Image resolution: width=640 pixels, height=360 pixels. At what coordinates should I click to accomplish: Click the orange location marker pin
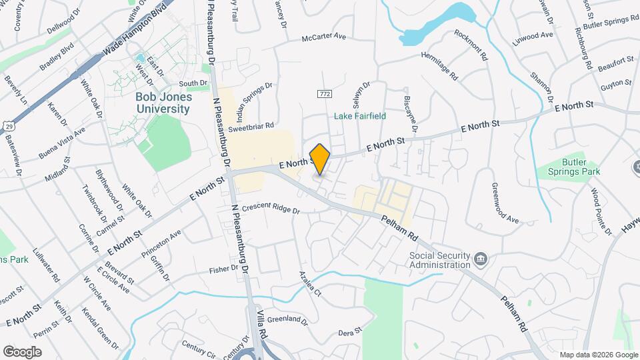[320, 159]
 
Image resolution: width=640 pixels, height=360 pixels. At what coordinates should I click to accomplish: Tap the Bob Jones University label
[163, 103]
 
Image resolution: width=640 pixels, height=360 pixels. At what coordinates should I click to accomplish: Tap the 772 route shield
[325, 93]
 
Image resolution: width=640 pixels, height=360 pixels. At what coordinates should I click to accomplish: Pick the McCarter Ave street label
[324, 38]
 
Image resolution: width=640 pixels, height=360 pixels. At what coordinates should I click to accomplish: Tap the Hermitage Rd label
[439, 65]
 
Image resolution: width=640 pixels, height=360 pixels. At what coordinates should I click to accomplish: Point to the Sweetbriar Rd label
[251, 125]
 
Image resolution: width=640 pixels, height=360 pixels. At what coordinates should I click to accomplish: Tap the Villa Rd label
[262, 325]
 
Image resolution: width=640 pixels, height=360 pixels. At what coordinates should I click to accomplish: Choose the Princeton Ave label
[161, 245]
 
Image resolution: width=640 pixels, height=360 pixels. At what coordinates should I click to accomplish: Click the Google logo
[22, 351]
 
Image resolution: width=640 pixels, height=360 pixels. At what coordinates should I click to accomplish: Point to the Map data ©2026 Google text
[598, 354]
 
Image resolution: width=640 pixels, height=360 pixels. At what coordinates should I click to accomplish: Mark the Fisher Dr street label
[223, 269]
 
